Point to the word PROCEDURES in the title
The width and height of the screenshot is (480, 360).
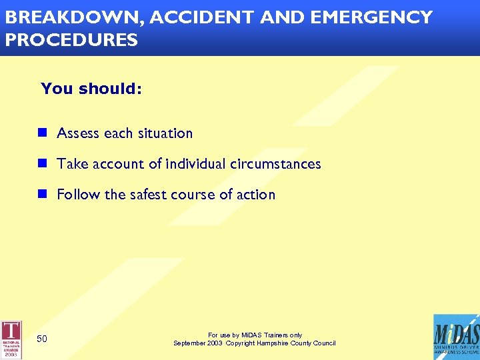pos(71,40)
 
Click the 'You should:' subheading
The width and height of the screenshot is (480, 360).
pos(91,89)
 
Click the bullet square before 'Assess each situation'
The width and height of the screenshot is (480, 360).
pos(42,133)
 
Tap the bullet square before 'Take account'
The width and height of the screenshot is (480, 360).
pos(42,163)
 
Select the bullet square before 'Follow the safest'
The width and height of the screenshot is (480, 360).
pos(42,194)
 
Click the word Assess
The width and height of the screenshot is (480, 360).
pos(78,133)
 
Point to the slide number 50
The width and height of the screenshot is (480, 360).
pos(42,339)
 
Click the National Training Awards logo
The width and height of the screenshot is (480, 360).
pos(11,339)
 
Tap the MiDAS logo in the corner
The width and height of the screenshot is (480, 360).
pos(455,337)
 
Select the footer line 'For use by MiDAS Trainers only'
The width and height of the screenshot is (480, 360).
pos(255,335)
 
